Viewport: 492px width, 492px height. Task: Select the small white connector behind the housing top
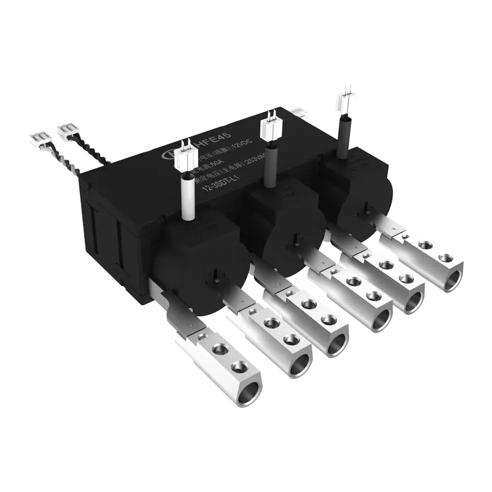click(300, 114)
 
